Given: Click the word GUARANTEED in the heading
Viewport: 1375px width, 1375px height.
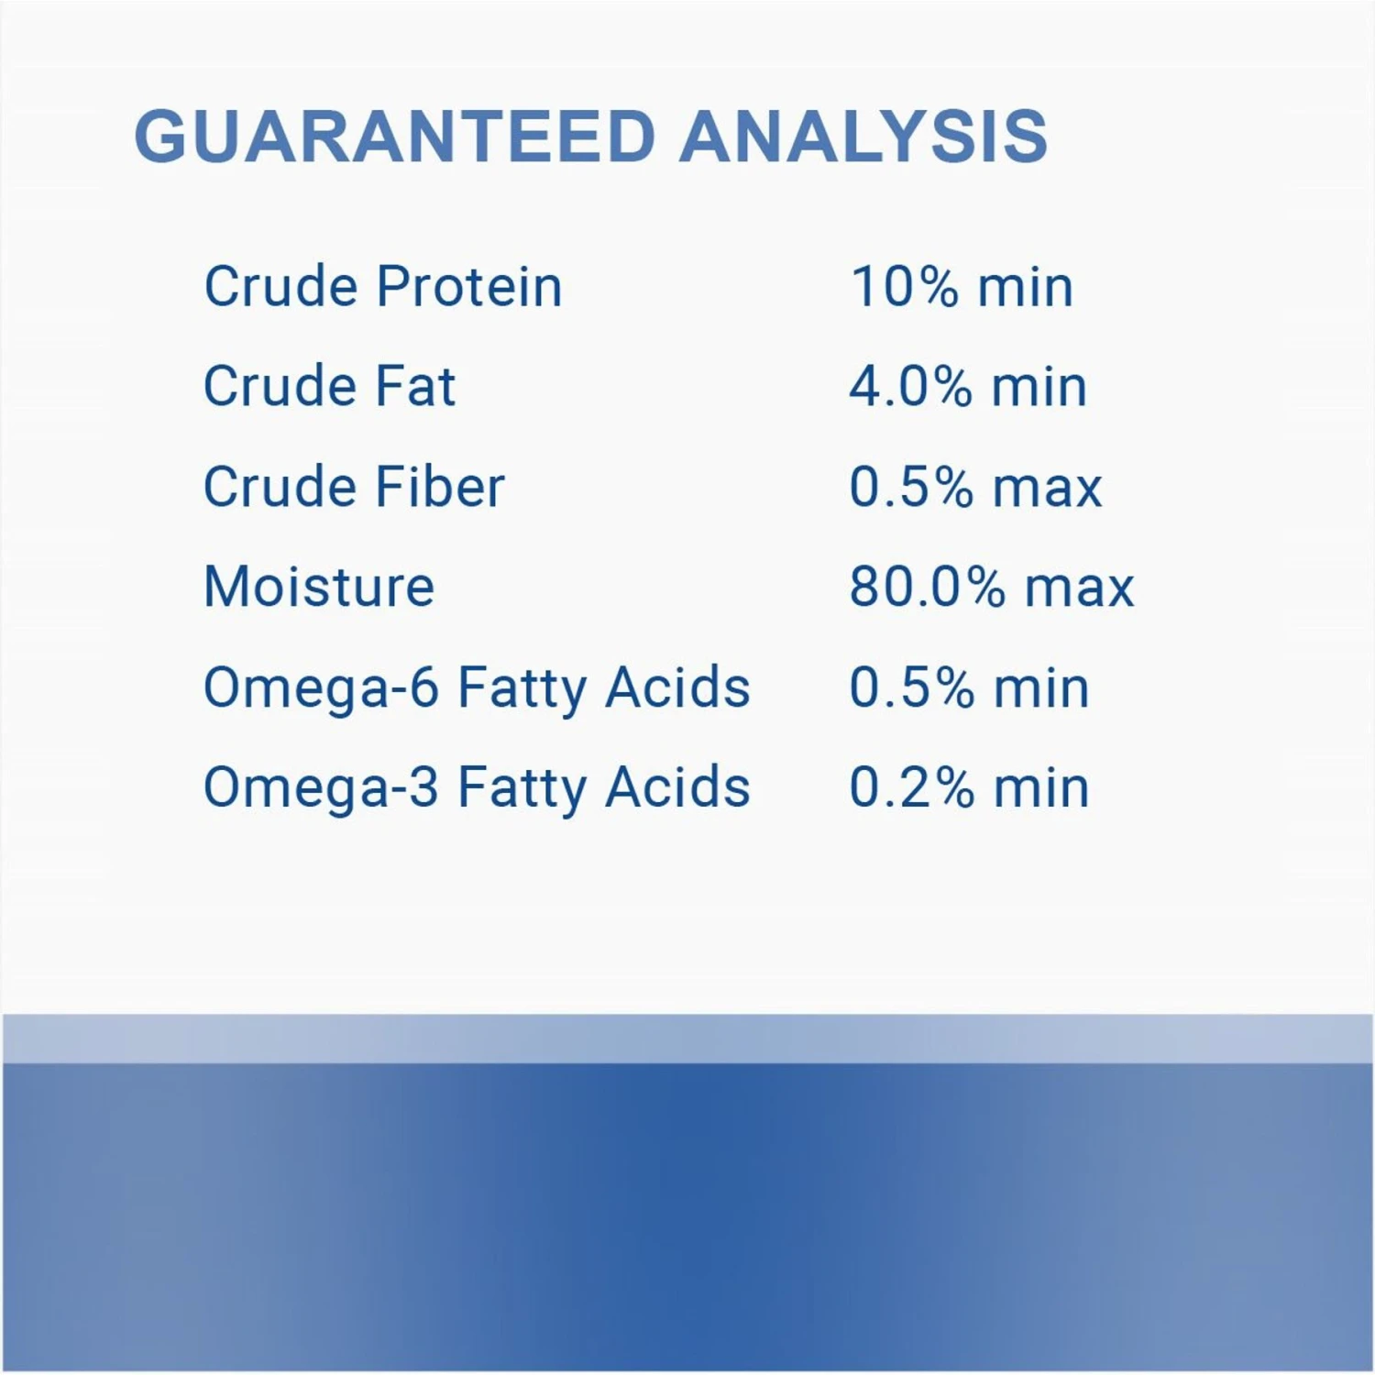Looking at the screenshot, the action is pyautogui.click(x=395, y=137).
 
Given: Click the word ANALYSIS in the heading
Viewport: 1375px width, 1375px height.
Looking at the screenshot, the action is pyautogui.click(x=863, y=137).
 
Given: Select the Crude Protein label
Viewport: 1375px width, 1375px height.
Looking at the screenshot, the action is pyautogui.click(x=383, y=286).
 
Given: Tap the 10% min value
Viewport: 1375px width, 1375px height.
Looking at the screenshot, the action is pyautogui.click(x=962, y=287).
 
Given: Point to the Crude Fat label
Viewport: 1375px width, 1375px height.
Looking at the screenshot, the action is pyautogui.click(x=329, y=386).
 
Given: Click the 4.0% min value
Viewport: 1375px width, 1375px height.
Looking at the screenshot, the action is pyautogui.click(x=968, y=387).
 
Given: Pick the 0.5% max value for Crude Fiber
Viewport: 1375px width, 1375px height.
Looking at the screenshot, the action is pyautogui.click(x=975, y=487).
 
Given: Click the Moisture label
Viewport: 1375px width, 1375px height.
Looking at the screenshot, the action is pyautogui.click(x=319, y=587).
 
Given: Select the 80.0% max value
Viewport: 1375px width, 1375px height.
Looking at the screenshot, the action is pyautogui.click(x=992, y=588).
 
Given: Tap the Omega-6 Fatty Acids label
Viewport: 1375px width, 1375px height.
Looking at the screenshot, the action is pyautogui.click(x=477, y=689).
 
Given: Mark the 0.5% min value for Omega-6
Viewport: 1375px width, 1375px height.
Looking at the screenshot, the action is pyautogui.click(x=969, y=687).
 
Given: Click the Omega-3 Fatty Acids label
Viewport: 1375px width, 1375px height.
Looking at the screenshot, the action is pyautogui.click(x=477, y=789).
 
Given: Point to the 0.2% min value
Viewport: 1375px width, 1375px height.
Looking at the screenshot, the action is pyautogui.click(x=969, y=787).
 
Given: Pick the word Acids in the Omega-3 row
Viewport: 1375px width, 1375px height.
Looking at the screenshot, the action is pyautogui.click(x=678, y=787).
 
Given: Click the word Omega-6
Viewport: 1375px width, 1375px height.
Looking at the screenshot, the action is pyautogui.click(x=321, y=689).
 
